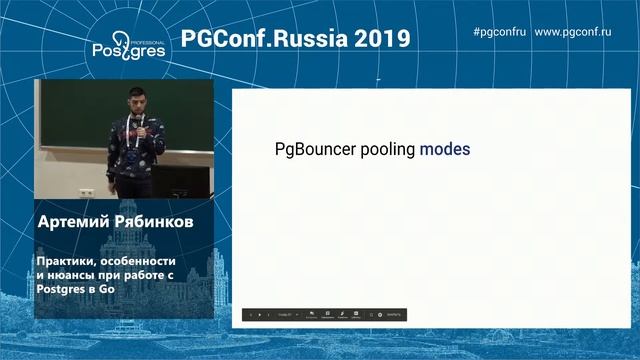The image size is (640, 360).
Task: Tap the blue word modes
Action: [445, 150]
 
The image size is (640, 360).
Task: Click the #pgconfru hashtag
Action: [499, 32]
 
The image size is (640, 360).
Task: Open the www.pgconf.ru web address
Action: [573, 32]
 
